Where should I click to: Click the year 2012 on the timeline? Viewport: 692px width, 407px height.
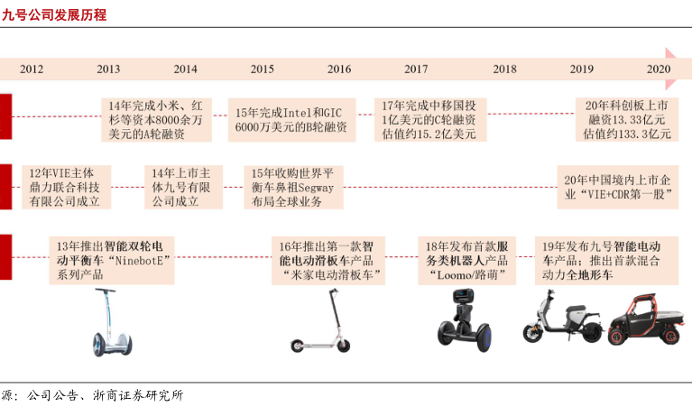coord(32,69)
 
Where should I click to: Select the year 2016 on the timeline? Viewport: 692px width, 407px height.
coord(339,69)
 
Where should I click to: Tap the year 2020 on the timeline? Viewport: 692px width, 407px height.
coord(659,69)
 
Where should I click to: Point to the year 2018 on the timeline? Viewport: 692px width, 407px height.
coord(505,69)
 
